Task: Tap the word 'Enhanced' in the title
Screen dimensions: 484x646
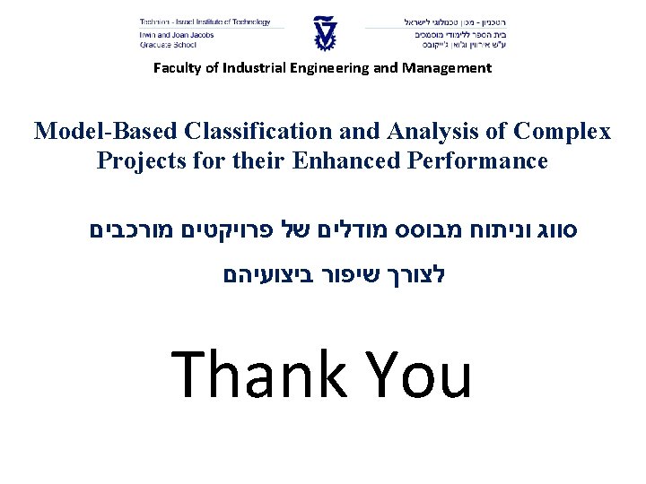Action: [x=349, y=161]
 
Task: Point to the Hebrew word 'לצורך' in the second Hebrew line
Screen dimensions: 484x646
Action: [x=415, y=273]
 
